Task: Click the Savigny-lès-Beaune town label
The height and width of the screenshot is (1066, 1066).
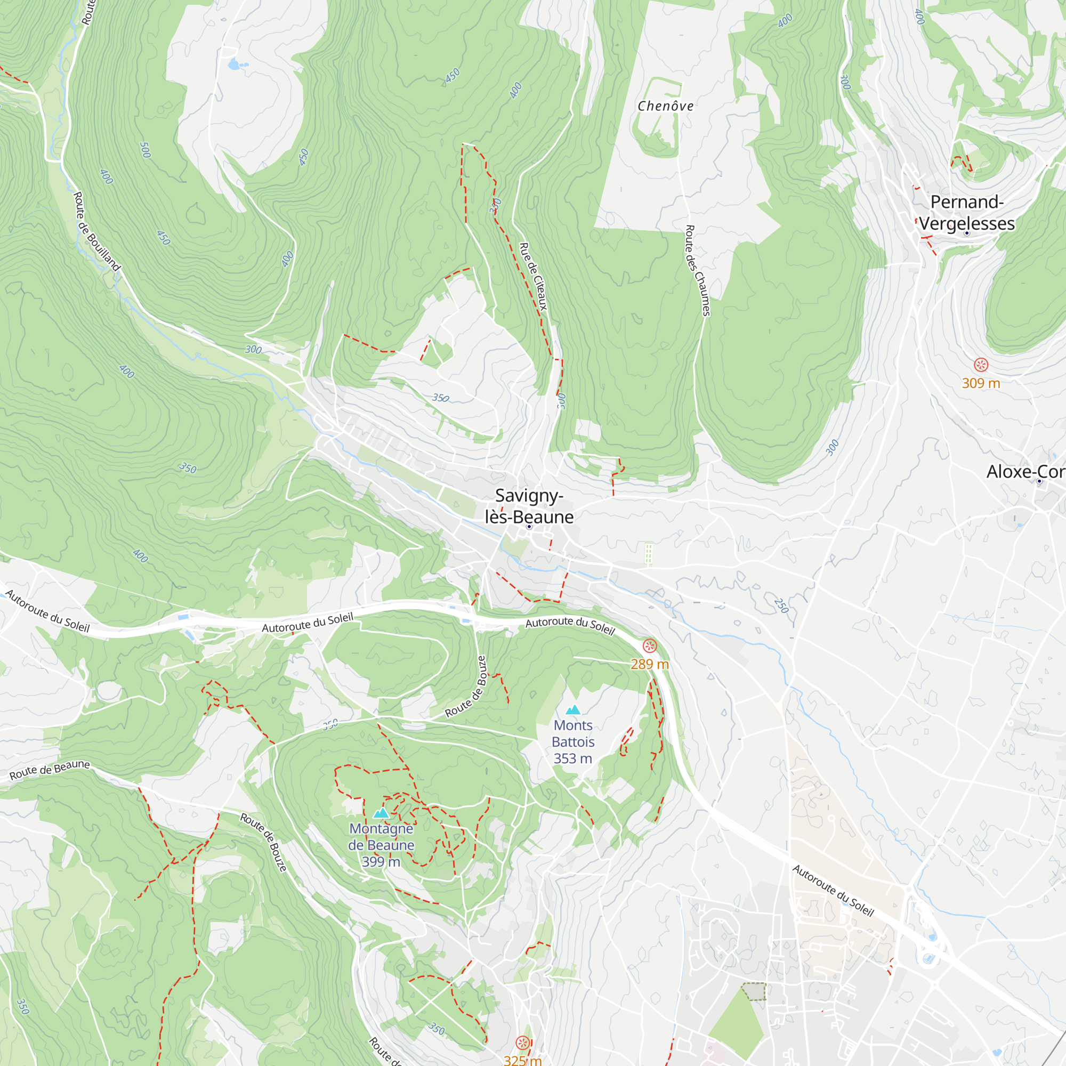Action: tap(529, 506)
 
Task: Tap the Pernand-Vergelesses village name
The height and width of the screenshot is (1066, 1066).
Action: tap(967, 213)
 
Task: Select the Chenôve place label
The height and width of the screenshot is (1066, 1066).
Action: tap(665, 106)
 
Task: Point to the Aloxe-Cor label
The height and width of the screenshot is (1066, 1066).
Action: tap(1025, 472)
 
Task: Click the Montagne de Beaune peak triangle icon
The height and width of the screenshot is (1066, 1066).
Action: tap(381, 813)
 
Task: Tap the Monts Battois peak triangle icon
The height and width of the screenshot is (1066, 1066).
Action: tap(574, 710)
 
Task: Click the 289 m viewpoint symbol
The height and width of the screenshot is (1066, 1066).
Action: tap(650, 645)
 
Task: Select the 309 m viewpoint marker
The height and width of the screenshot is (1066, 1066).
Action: tap(981, 365)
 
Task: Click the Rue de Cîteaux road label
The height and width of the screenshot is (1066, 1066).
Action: tap(534, 277)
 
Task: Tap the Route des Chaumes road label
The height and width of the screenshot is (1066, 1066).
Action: tap(697, 270)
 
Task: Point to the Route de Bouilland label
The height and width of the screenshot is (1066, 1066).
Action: tap(96, 231)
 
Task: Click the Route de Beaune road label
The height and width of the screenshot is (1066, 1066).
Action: tap(50, 770)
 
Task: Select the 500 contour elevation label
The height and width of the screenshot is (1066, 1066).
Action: tap(145, 150)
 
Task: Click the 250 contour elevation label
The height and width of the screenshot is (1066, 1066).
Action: tap(781, 605)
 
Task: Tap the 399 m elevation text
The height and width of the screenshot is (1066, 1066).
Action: tap(381, 862)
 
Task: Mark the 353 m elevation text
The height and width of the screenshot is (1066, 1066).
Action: tap(573, 758)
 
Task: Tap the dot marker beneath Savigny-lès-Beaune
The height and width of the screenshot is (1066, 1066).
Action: tap(529, 527)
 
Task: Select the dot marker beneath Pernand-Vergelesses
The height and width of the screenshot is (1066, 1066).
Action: tap(967, 233)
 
